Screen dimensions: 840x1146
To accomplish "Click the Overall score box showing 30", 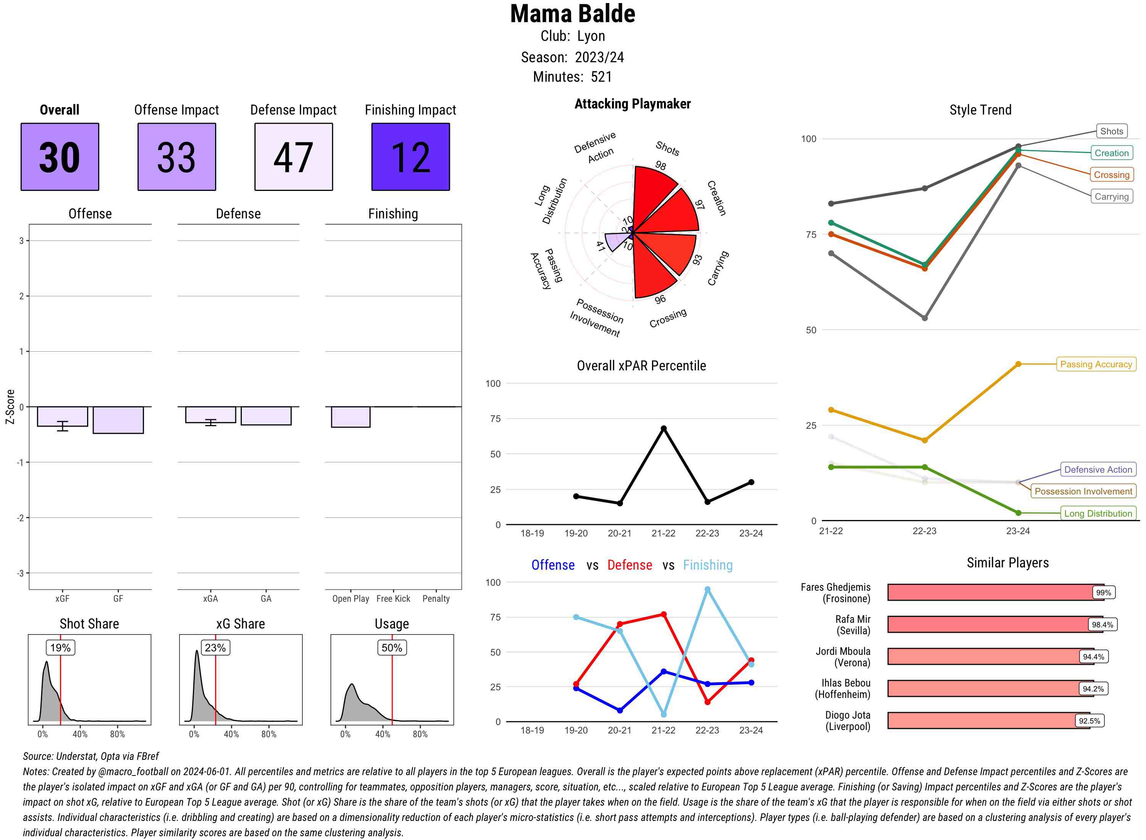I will [x=60, y=157].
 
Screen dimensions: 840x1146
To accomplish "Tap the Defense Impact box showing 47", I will [x=293, y=157].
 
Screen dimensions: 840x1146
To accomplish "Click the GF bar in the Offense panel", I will [x=118, y=420].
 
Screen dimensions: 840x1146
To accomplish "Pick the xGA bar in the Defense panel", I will [x=210, y=414].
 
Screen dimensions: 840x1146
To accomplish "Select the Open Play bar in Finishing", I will [x=350, y=417].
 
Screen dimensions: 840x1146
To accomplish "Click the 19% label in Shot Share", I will [x=60, y=648].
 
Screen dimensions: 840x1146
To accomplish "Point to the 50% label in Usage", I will [x=392, y=648].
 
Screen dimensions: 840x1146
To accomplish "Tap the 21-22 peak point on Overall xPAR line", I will [x=663, y=429].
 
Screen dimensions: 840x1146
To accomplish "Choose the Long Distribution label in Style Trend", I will [x=1098, y=514].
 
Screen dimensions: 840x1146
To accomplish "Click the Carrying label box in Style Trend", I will [x=1111, y=197].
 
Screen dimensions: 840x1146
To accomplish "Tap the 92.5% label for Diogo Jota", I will [x=1089, y=721].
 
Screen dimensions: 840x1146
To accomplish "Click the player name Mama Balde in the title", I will [x=572, y=14].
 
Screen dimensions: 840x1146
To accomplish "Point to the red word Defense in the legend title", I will [x=629, y=565].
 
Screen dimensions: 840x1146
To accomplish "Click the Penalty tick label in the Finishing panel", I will [x=436, y=598].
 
